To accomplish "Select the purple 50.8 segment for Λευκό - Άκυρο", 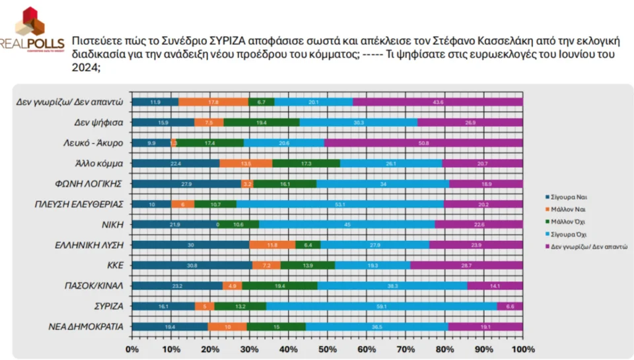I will click(x=423, y=143).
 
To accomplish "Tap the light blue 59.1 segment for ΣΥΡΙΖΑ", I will click(x=382, y=306).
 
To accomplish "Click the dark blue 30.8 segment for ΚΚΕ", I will click(x=192, y=266).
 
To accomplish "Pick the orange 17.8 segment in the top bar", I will click(x=213, y=102).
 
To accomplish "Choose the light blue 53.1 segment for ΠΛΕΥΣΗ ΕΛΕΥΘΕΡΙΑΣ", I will click(x=340, y=204).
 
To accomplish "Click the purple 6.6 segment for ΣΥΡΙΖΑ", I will click(x=510, y=306).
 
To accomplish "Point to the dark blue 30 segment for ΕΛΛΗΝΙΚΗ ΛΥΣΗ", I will click(x=190, y=245).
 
